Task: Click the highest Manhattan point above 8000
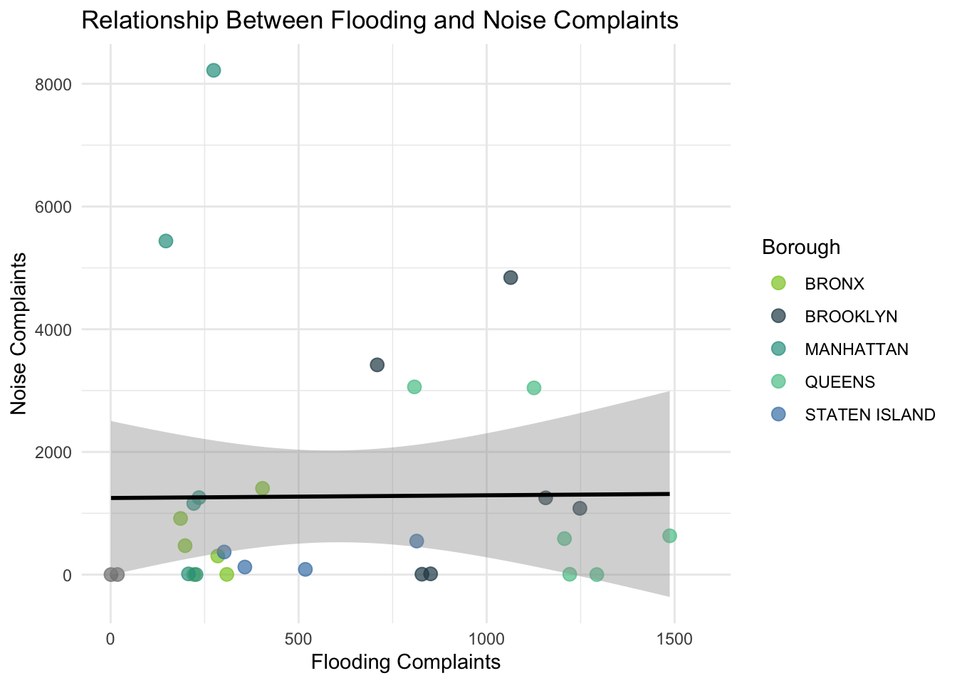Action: (x=214, y=70)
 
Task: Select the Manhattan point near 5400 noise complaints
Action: (x=166, y=241)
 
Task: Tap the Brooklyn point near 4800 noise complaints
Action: (x=511, y=277)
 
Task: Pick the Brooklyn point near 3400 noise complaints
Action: (x=377, y=365)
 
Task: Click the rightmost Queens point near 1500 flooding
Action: (x=669, y=536)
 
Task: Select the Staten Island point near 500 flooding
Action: (x=305, y=569)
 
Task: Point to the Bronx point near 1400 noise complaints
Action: (x=263, y=488)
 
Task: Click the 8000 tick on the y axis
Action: (x=57, y=84)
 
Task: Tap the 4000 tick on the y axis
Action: (x=57, y=329)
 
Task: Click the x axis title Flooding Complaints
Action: (x=406, y=662)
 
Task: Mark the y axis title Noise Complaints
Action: (x=19, y=334)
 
